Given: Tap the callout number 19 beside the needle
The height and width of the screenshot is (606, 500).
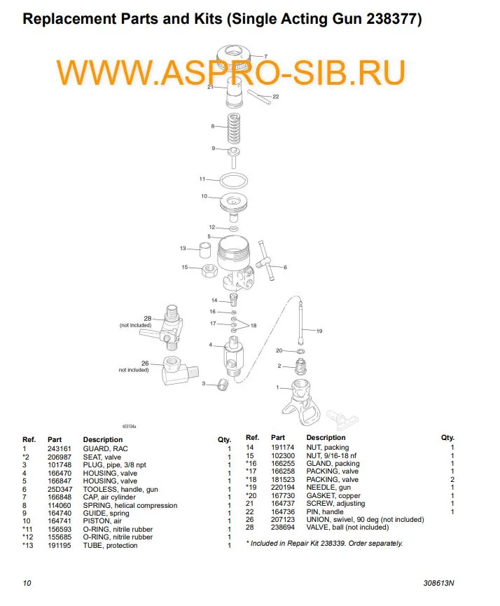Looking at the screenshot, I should [319, 331].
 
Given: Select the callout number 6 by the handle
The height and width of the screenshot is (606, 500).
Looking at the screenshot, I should [285, 267].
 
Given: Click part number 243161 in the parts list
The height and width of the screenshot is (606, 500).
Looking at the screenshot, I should [57, 448].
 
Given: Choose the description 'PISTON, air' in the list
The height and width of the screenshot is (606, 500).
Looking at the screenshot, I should [102, 521].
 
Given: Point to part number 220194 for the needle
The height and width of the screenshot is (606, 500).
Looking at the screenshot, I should [282, 488].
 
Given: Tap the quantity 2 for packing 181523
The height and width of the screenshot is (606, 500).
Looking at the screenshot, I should [452, 480].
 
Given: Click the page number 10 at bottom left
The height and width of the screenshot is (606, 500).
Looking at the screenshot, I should [27, 583].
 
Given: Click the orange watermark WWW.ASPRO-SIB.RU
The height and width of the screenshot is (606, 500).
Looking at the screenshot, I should [231, 73].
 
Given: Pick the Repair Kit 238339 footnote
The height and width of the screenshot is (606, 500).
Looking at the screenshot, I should [324, 543].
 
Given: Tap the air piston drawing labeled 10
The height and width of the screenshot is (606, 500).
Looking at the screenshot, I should [232, 202].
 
